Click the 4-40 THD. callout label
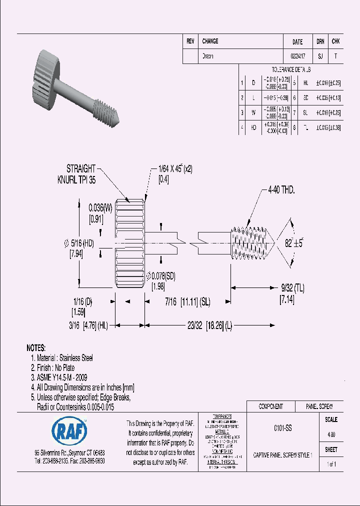click(281, 190)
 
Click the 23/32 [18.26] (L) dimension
click(209, 325)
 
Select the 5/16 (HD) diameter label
click(81, 243)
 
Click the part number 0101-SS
click(283, 428)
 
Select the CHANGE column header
click(210, 41)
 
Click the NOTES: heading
click(36, 348)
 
